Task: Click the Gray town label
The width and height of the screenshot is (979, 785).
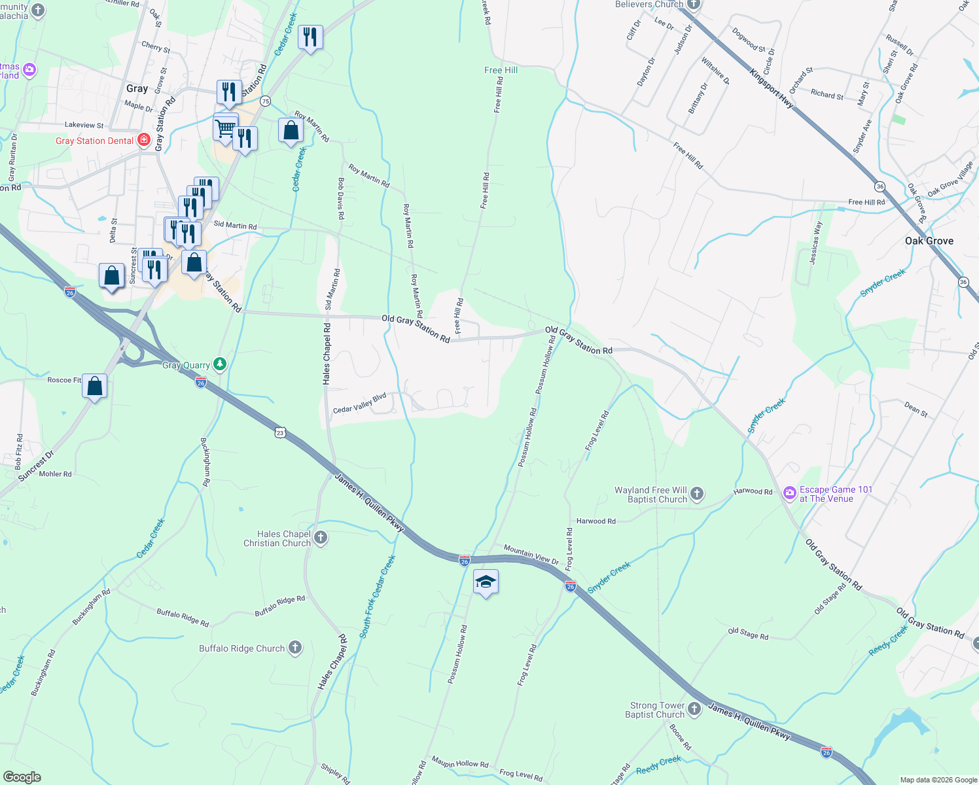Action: [137, 88]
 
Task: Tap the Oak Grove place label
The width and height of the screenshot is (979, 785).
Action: [929, 241]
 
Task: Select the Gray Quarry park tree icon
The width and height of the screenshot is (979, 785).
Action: [221, 364]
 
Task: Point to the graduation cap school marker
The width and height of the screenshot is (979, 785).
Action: [486, 582]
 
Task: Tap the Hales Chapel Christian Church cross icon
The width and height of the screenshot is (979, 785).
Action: [320, 538]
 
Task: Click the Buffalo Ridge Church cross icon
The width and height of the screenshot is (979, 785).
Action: [295, 648]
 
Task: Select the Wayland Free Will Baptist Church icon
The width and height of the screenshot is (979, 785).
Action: [697, 494]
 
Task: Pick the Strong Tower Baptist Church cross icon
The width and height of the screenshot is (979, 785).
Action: [694, 709]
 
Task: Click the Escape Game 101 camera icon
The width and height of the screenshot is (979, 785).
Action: [790, 492]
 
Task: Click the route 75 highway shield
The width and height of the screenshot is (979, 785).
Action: [265, 101]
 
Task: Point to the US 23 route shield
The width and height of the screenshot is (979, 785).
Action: [281, 432]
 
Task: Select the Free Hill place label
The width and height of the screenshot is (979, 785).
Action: [501, 70]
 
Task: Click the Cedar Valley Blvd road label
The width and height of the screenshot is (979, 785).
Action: [360, 404]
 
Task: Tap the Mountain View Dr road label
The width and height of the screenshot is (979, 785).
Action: [531, 555]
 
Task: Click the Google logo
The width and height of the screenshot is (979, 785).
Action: [22, 777]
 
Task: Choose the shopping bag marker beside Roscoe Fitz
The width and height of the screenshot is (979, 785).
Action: [95, 387]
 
